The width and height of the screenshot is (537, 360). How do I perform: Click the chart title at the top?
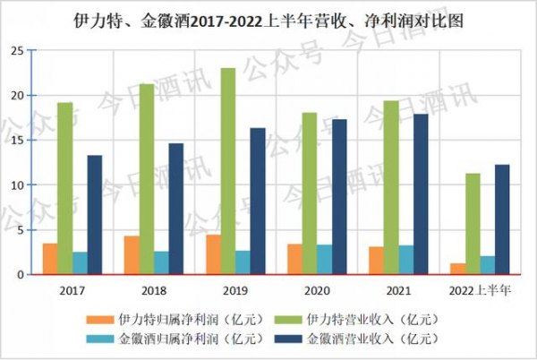click(x=268, y=18)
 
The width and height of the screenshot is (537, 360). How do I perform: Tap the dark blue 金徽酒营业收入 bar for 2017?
click(x=94, y=215)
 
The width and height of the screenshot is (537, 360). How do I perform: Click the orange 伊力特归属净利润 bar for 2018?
click(x=131, y=255)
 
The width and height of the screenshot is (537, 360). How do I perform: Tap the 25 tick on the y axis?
click(x=17, y=51)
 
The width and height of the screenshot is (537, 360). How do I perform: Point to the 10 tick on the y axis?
click(x=17, y=185)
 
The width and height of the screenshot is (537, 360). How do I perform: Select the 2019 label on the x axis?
click(x=234, y=291)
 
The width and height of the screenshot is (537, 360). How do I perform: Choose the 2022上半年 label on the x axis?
click(x=480, y=291)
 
